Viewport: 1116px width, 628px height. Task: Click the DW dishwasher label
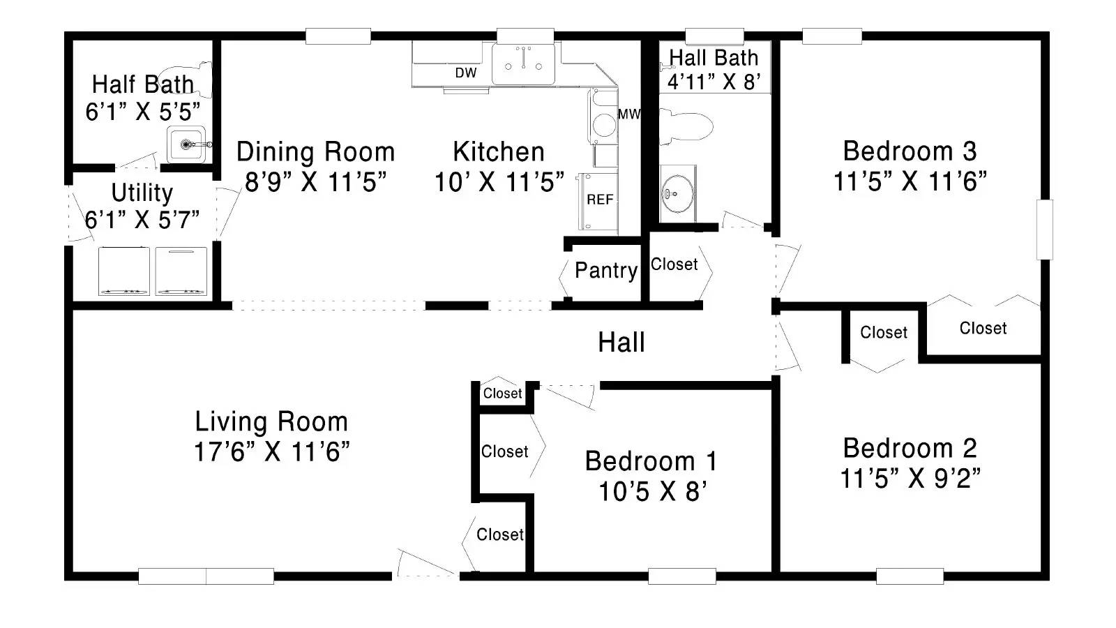pyautogui.click(x=466, y=73)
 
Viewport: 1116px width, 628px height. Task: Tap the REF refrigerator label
pyautogui.click(x=600, y=200)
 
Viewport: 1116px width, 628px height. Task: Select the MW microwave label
pyautogui.click(x=629, y=114)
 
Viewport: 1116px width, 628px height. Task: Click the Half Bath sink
pyautogui.click(x=186, y=144)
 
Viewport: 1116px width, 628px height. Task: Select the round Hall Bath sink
pyautogui.click(x=677, y=193)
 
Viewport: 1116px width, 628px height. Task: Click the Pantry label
pyautogui.click(x=606, y=271)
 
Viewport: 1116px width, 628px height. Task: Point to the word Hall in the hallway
pyautogui.click(x=621, y=343)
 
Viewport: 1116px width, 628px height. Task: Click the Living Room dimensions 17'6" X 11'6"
pyautogui.click(x=271, y=452)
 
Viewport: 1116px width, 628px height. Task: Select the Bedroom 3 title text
pyautogui.click(x=910, y=151)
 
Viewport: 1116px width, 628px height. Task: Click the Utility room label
pyautogui.click(x=142, y=193)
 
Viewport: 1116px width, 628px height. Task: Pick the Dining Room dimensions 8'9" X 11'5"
pyautogui.click(x=316, y=181)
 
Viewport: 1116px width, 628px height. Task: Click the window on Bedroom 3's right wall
pyautogui.click(x=1045, y=230)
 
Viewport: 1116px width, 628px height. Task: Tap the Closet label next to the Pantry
pyautogui.click(x=674, y=264)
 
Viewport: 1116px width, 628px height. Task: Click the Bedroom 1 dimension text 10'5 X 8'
pyautogui.click(x=652, y=492)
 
